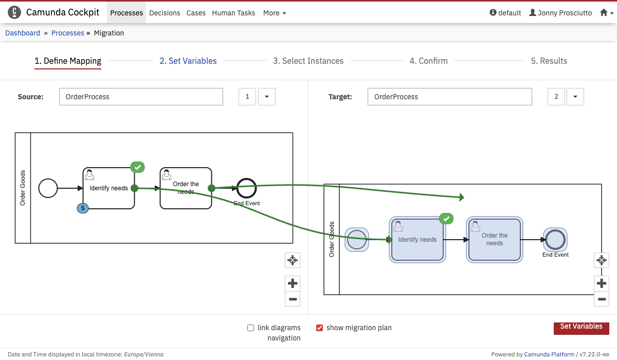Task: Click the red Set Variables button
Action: tap(581, 327)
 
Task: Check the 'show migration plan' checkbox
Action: tap(319, 328)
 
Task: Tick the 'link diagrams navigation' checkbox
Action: tap(251, 328)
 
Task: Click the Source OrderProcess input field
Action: tap(141, 97)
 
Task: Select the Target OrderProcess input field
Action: tap(449, 97)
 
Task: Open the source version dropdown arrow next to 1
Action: tap(266, 97)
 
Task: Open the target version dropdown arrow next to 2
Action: tap(575, 97)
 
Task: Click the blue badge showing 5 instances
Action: tap(82, 208)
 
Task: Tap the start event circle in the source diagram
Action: tap(48, 188)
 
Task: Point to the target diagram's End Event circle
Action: tap(555, 239)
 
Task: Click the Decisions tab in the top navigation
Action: tap(165, 13)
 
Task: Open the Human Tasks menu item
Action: tap(233, 13)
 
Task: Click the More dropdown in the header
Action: tap(275, 13)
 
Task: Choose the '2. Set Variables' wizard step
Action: tap(188, 61)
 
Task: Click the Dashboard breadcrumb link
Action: tap(23, 33)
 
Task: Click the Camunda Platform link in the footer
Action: tap(549, 354)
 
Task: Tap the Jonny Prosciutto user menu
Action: tap(560, 13)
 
